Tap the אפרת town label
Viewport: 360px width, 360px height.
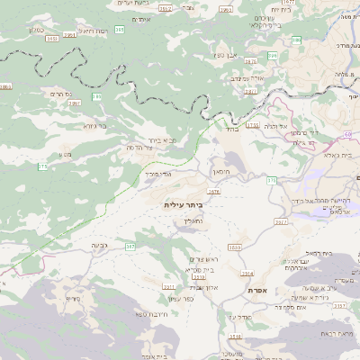(x=256, y=290)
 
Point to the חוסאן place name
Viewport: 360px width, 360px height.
(x=221, y=170)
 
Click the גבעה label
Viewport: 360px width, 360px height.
(x=99, y=245)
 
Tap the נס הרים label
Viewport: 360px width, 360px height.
(x=55, y=92)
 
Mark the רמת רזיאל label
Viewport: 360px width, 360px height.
(x=94, y=30)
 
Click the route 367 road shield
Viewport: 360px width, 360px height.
(x=130, y=246)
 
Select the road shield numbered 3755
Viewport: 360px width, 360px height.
(x=252, y=126)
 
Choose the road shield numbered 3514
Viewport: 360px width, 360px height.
(x=246, y=274)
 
